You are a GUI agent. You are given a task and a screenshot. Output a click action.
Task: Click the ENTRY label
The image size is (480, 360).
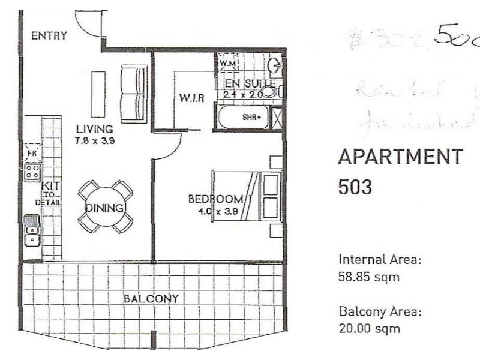click(49, 35)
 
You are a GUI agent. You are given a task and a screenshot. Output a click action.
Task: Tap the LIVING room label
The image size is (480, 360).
click(94, 128)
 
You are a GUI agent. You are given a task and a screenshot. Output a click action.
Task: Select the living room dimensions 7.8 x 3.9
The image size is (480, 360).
click(95, 142)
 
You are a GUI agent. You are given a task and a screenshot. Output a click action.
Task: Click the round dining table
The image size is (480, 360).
click(106, 208)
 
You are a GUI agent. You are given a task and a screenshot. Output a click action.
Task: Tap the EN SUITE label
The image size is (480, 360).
click(250, 83)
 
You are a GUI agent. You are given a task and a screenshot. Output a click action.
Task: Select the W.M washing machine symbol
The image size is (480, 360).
click(227, 62)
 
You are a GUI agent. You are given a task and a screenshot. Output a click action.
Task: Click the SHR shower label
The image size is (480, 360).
click(251, 117)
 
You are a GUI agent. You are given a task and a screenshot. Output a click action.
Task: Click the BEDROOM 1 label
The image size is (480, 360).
click(216, 199)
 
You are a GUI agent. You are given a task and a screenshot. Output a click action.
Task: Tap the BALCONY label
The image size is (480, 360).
click(151, 298)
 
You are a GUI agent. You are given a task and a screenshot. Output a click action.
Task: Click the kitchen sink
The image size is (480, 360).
click(32, 231)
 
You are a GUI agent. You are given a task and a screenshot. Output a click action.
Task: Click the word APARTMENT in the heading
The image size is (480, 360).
click(401, 157)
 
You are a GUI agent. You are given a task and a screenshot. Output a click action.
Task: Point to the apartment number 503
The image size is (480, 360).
click(355, 187)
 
